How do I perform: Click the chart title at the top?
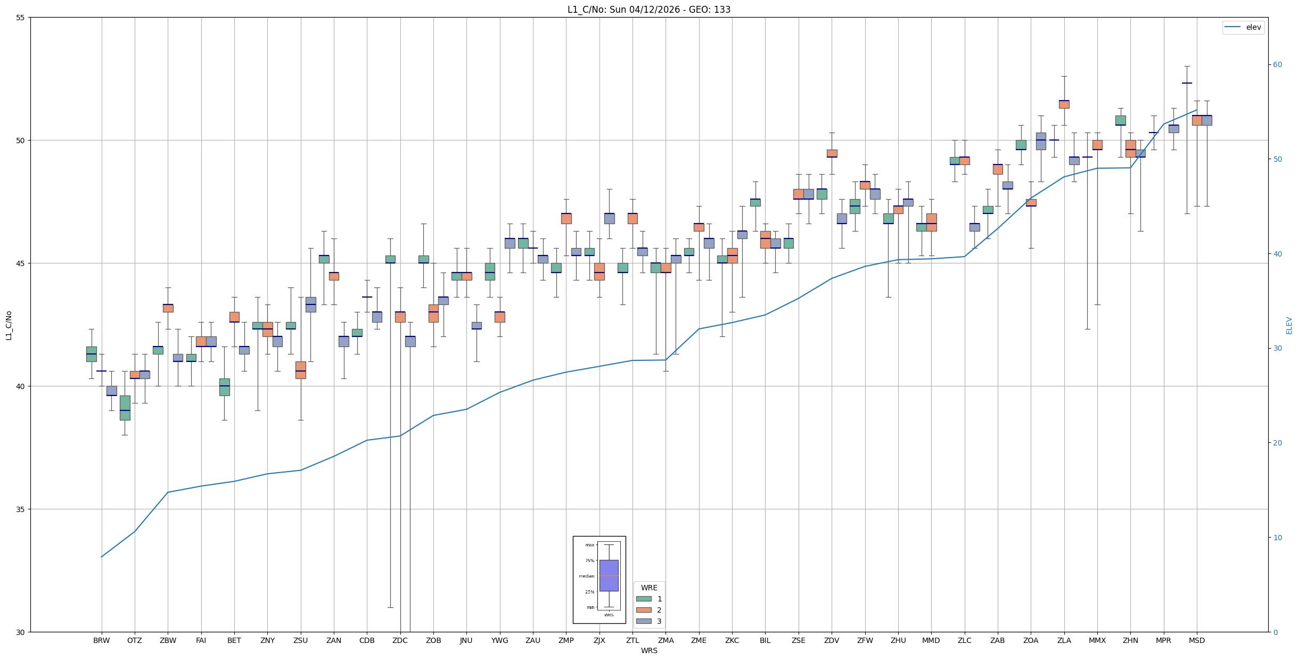(648, 10)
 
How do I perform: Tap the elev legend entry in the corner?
(1243, 27)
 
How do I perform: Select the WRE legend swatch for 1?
(644, 599)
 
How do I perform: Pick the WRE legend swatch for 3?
(644, 621)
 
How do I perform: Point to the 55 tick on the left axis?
(21, 18)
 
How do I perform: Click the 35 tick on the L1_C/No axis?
(21, 509)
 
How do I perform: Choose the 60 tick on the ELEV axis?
(1277, 65)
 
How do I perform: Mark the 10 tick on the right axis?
(1277, 538)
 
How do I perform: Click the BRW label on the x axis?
(101, 640)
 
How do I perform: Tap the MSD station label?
(1196, 640)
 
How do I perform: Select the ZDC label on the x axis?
(400, 640)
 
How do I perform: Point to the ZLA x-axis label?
(1064, 640)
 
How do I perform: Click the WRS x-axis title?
(648, 650)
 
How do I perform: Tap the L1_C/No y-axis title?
(9, 325)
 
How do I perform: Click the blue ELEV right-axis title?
(1289, 325)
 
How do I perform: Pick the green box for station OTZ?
(125, 408)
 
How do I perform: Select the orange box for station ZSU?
(301, 370)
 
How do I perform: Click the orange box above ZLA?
(1064, 104)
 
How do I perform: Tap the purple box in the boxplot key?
(609, 575)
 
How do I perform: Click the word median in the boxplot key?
(586, 576)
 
